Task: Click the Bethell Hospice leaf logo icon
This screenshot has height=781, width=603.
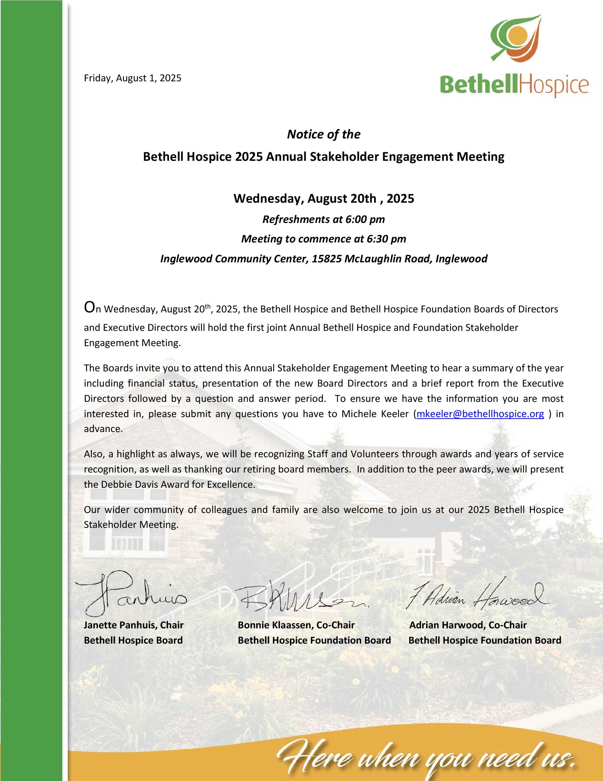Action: tap(516, 38)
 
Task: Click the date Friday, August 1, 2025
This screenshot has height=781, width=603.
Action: tap(133, 78)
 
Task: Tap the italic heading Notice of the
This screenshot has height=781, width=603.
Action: tap(323, 135)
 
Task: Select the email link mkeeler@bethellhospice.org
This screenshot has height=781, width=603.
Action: tap(480, 414)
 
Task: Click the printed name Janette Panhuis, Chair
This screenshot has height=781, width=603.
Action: tap(134, 625)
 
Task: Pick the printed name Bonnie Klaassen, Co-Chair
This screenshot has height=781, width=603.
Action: tap(296, 625)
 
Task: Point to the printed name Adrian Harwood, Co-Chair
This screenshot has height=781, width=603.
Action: tap(468, 625)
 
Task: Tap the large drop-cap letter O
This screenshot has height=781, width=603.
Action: tap(89, 307)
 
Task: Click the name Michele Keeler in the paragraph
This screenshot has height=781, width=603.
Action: tap(375, 414)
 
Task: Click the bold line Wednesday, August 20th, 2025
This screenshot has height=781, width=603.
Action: tap(323, 198)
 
